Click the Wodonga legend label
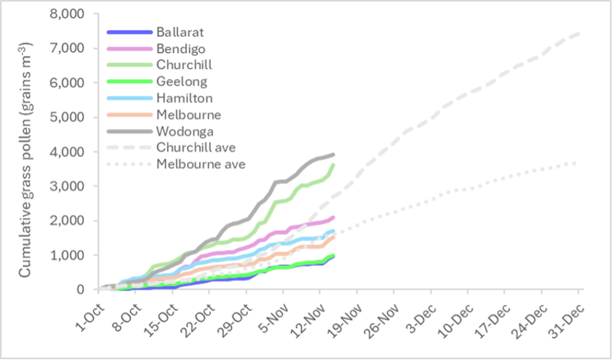pyautogui.click(x=182, y=131)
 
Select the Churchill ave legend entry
pyautogui.click(x=195, y=147)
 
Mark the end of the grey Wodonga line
pyautogui.click(x=333, y=155)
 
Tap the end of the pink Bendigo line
pyautogui.click(x=333, y=217)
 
